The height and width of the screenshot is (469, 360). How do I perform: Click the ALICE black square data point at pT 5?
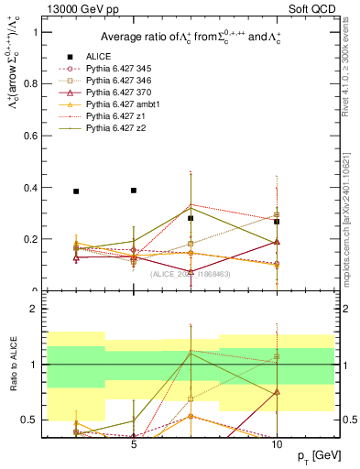(134, 191)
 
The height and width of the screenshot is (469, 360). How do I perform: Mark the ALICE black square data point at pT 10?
(277, 222)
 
